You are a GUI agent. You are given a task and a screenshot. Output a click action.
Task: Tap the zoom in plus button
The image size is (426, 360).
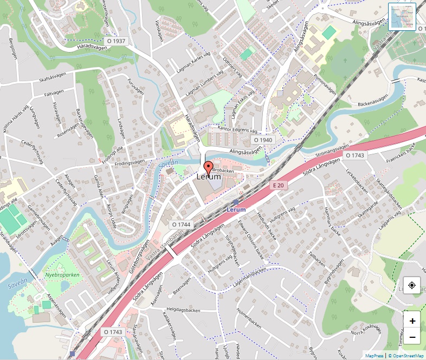pos(412,321)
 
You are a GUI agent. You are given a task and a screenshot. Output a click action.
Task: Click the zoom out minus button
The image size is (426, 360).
pos(412,337)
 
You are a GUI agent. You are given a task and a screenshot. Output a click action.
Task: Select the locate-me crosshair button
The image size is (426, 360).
pos(412,285)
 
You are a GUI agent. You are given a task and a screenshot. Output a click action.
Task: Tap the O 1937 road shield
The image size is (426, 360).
pos(115,41)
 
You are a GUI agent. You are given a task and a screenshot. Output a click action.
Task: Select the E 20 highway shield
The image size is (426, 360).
pos(279,185)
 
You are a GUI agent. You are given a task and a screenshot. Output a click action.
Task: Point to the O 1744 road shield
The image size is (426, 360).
pos(181,224)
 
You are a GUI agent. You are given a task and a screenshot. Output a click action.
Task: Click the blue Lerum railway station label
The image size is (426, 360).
pos(236,209)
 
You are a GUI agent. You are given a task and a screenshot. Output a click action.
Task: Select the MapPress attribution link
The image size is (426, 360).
pos(375,356)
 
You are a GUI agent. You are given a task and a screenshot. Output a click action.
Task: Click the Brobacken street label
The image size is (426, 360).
pos(223,171)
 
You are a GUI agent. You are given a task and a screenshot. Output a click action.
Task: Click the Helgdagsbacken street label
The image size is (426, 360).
pos(184,310)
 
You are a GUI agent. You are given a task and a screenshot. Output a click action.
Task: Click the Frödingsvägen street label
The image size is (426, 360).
pos(130,161)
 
